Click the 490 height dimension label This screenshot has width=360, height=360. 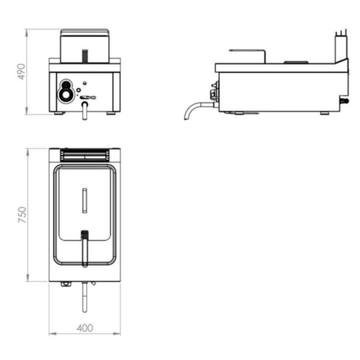tap(22, 72)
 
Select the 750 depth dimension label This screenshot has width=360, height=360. tap(22, 215)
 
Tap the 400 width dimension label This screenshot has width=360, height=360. tap(85, 328)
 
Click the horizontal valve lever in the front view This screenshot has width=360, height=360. tap(88, 97)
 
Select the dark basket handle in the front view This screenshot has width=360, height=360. tap(84, 55)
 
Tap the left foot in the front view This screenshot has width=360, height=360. tap(59, 113)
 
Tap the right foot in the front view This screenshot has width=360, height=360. tap(111, 113)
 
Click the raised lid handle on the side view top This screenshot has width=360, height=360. tap(296, 62)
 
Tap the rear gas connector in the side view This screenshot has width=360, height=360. tap(346, 101)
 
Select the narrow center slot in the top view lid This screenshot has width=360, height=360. tap(84, 200)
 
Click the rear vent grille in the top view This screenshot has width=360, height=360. tap(84, 155)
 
